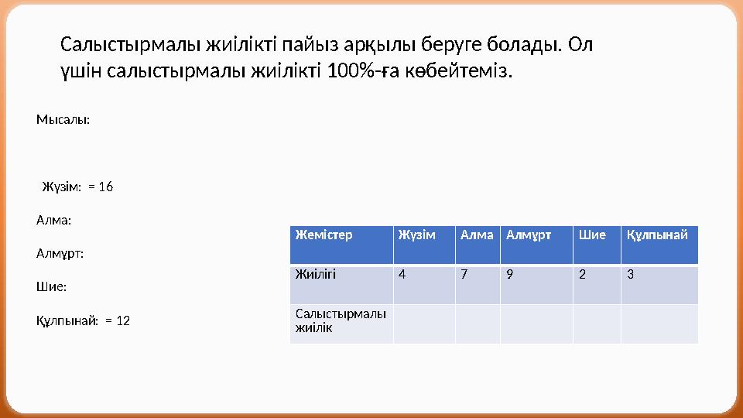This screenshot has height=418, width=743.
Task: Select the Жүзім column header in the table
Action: pyautogui.click(x=416, y=235)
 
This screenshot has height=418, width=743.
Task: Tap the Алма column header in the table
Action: pyautogui.click(x=476, y=235)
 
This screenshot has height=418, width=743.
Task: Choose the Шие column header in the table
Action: pyautogui.click(x=592, y=235)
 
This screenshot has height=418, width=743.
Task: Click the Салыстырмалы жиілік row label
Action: pyautogui.click(x=341, y=321)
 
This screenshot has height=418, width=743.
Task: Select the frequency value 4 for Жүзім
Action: pyautogui.click(x=401, y=273)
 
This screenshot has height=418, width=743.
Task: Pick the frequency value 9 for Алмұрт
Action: pyautogui.click(x=508, y=273)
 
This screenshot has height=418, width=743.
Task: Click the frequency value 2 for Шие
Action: pyautogui.click(x=581, y=273)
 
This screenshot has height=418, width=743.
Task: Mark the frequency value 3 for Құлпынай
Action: pyautogui.click(x=631, y=273)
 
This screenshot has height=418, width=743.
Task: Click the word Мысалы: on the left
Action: pyautogui.click(x=63, y=120)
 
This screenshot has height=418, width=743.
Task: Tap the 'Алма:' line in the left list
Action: pyautogui.click(x=53, y=221)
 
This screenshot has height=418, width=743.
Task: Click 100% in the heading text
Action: pyautogui.click(x=350, y=72)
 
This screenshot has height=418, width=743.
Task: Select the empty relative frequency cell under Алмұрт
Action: pyautogui.click(x=536, y=324)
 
